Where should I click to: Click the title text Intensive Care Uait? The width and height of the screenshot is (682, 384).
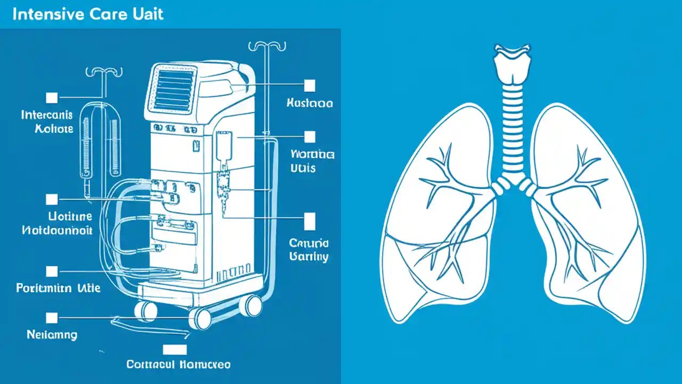(x=87, y=14)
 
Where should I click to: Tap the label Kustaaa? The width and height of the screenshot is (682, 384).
(x=310, y=103)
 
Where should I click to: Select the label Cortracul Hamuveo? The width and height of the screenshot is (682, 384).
(x=178, y=365)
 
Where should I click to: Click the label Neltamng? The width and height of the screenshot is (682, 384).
(x=52, y=335)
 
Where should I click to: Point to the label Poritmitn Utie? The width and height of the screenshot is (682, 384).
(x=58, y=288)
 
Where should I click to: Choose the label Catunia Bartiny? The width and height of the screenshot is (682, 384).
(x=309, y=250)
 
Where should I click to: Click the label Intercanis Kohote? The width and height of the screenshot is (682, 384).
(x=47, y=122)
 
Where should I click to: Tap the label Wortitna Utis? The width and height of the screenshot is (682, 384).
(x=312, y=161)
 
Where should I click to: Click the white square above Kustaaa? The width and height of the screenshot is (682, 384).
(x=309, y=85)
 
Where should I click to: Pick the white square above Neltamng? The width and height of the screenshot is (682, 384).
(x=52, y=318)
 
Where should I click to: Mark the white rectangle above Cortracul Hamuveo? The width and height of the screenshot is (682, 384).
(x=175, y=349)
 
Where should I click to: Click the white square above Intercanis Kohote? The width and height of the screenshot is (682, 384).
(x=52, y=97)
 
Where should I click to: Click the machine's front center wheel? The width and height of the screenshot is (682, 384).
(x=203, y=318)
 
